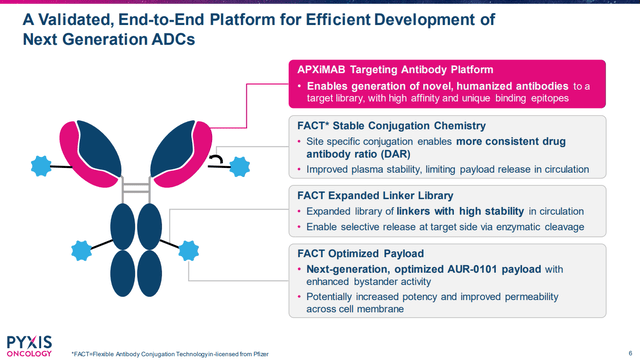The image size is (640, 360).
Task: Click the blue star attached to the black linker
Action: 240,162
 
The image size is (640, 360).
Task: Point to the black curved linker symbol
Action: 216,158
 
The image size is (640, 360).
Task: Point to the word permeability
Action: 555,299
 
